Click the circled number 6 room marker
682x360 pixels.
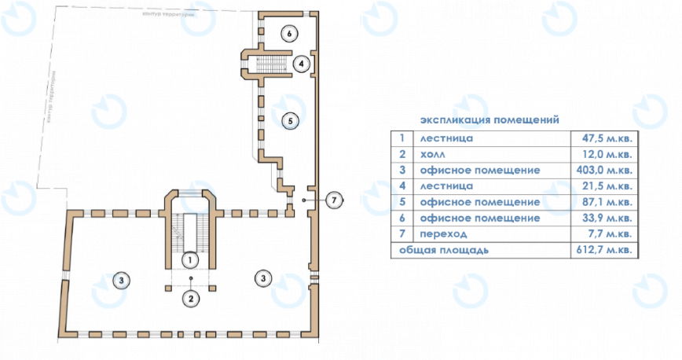point(289,34)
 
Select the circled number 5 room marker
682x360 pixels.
point(289,121)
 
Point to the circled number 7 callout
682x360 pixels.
point(335,200)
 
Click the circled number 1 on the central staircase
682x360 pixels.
point(189,257)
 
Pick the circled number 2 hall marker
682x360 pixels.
point(190,297)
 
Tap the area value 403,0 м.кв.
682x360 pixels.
point(603,171)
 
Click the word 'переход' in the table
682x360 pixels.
point(444,234)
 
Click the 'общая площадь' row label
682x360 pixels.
point(444,251)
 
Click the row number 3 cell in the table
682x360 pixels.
point(401,171)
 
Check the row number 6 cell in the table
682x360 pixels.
point(401,219)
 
